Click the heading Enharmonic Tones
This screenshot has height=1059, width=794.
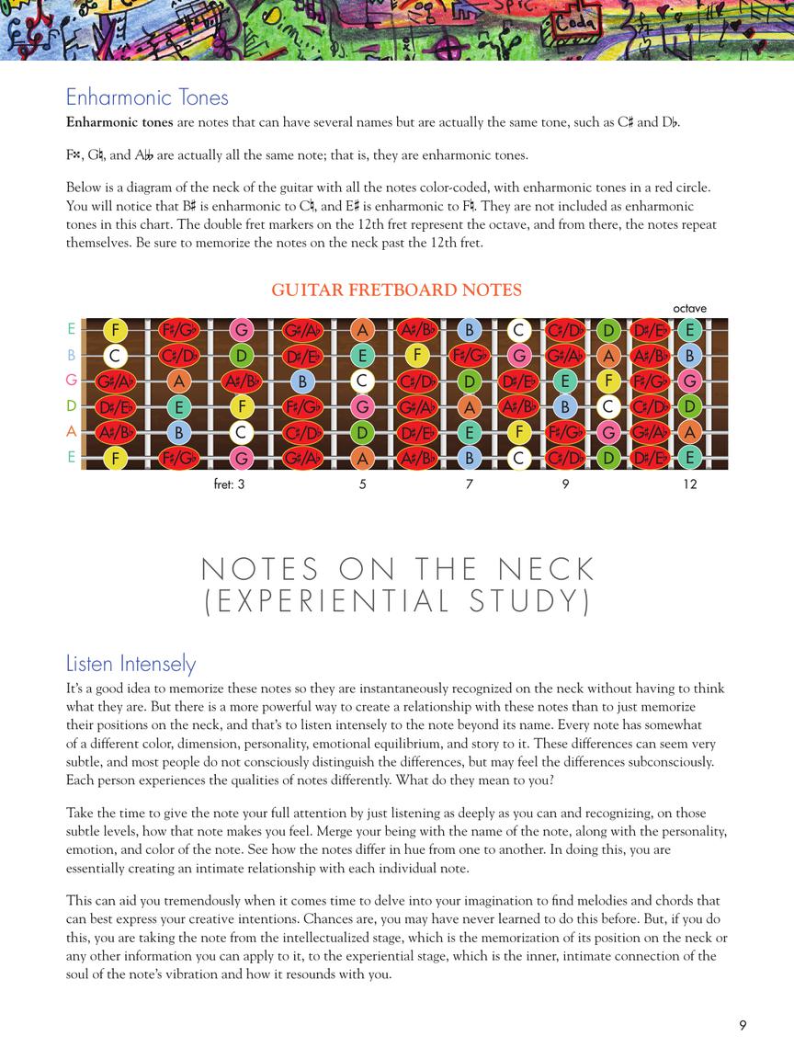pos(147,97)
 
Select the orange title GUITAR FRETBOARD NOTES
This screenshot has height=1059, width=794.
pos(396,290)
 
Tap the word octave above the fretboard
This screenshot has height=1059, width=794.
pos(689,309)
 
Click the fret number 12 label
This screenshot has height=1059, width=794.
pos(690,484)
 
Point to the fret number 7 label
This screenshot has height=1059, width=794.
pos(470,484)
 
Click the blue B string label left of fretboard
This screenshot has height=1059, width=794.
pos(71,355)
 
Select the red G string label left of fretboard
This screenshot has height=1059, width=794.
pos(71,380)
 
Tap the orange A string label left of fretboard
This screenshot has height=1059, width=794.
pos(71,431)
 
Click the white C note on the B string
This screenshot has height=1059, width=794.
pos(116,355)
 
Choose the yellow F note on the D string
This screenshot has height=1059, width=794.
pos(241,405)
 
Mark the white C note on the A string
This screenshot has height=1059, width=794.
pos(241,431)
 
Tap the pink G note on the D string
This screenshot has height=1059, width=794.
pos(362,405)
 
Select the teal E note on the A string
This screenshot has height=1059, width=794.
pos(469,431)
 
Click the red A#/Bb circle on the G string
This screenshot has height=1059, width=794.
pos(241,380)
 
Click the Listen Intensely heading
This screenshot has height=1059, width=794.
pos(130,664)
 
